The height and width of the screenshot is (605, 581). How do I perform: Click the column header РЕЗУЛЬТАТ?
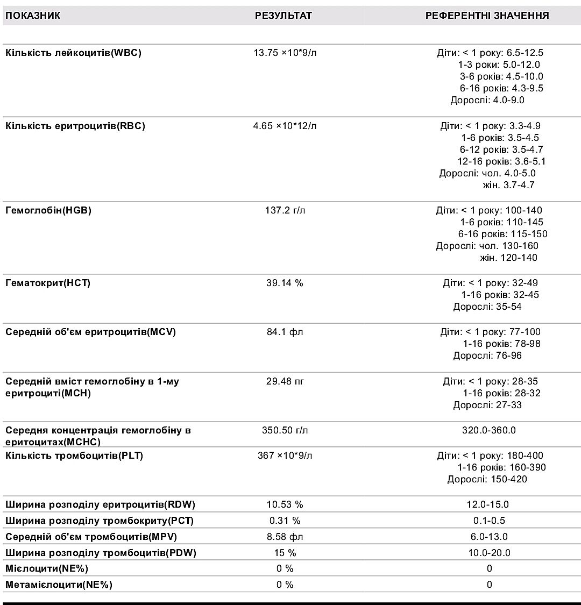pyautogui.click(x=284, y=16)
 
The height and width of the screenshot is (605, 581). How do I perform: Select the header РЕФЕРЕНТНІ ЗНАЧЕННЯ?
pyautogui.click(x=487, y=16)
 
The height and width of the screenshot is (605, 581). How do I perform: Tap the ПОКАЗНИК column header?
pyautogui.click(x=33, y=16)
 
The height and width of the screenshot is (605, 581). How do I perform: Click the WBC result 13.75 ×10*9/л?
pyautogui.click(x=285, y=53)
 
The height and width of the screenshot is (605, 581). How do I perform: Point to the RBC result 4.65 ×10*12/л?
pyautogui.click(x=285, y=126)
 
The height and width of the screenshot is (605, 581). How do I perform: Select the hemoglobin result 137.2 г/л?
pyautogui.click(x=285, y=210)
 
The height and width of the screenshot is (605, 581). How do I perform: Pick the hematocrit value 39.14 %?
pyautogui.click(x=285, y=283)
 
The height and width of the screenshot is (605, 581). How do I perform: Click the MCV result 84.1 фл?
pyautogui.click(x=285, y=332)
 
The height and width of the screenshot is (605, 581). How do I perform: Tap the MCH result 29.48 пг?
pyautogui.click(x=285, y=381)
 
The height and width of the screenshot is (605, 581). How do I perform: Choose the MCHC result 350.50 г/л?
pyautogui.click(x=285, y=430)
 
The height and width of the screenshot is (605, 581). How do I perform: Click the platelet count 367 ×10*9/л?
pyautogui.click(x=285, y=455)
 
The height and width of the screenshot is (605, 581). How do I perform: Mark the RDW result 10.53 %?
pyautogui.click(x=285, y=504)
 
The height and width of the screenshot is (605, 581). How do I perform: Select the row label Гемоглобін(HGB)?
pyautogui.click(x=48, y=210)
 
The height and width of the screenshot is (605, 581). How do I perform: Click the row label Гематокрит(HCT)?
pyautogui.click(x=48, y=283)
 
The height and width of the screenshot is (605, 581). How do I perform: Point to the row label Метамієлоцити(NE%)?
pyautogui.click(x=59, y=585)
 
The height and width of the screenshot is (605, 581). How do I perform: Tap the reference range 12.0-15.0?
pyautogui.click(x=488, y=504)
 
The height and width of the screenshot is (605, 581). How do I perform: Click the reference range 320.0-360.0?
pyautogui.click(x=489, y=430)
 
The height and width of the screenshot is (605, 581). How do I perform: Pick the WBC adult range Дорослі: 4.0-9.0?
pyautogui.click(x=487, y=100)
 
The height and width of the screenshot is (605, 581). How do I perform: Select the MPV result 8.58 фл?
pyautogui.click(x=285, y=537)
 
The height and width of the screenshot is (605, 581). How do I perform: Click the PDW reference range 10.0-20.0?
pyautogui.click(x=489, y=553)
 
